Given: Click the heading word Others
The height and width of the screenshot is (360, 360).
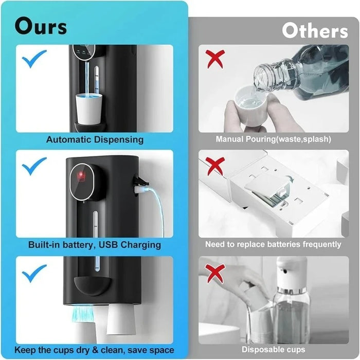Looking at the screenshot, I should click(314, 31).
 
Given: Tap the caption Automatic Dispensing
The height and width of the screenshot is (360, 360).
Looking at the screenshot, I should click(95, 139).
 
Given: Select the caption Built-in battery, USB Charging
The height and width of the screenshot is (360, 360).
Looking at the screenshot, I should click(95, 245).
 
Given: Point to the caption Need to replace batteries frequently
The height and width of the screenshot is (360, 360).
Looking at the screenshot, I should click(273, 245).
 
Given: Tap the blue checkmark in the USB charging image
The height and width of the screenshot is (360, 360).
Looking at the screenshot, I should click(34, 166).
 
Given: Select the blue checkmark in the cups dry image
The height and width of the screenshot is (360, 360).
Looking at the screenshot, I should click(34, 272).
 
